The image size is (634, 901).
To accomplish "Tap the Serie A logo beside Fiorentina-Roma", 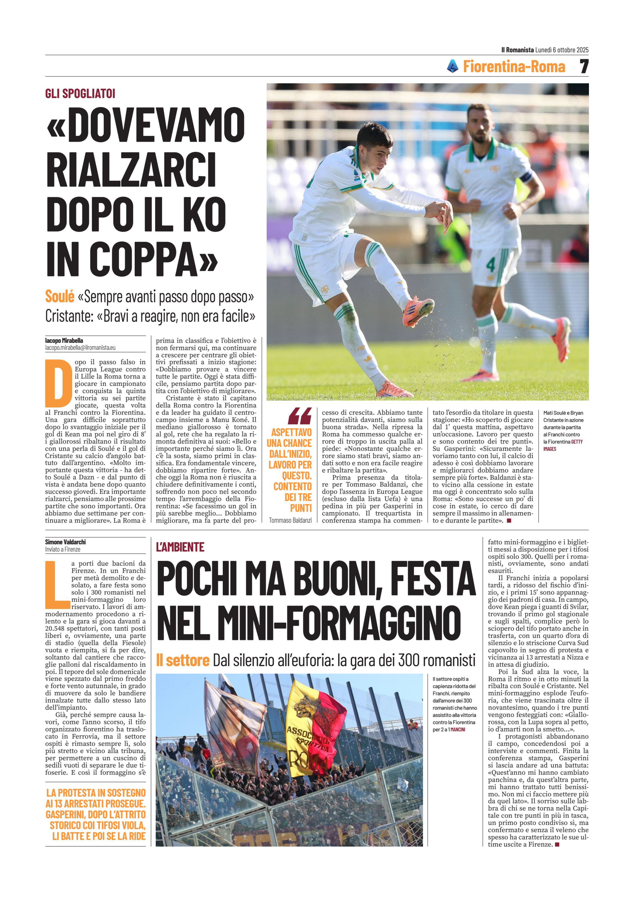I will coord(452,66).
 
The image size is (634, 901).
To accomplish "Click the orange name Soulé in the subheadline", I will coord(60,296).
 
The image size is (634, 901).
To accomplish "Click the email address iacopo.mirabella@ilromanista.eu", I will coord(80,348).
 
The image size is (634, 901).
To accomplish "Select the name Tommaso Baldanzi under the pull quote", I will coord(290,520).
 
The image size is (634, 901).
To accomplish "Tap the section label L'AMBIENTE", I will coord(180,547).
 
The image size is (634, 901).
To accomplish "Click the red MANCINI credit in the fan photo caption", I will coord(457,730).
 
